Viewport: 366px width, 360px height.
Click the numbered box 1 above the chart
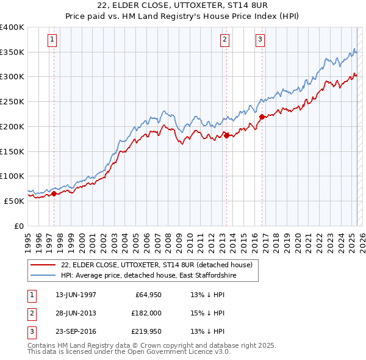pyautogui.click(x=52, y=40)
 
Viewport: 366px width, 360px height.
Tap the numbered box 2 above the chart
pyautogui.click(x=225, y=40)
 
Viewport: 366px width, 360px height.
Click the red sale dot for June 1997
pyautogui.click(x=54, y=193)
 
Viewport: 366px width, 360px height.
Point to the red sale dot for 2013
pyautogui.click(x=226, y=135)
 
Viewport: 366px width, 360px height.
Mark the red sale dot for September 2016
pyautogui.click(x=262, y=117)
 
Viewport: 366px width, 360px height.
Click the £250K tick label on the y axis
pyautogui.click(x=12, y=102)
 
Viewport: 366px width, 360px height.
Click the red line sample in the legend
pyautogui.click(x=43, y=265)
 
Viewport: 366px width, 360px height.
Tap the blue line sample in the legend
pyautogui.click(x=43, y=276)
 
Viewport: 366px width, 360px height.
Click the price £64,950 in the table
pyautogui.click(x=146, y=295)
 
